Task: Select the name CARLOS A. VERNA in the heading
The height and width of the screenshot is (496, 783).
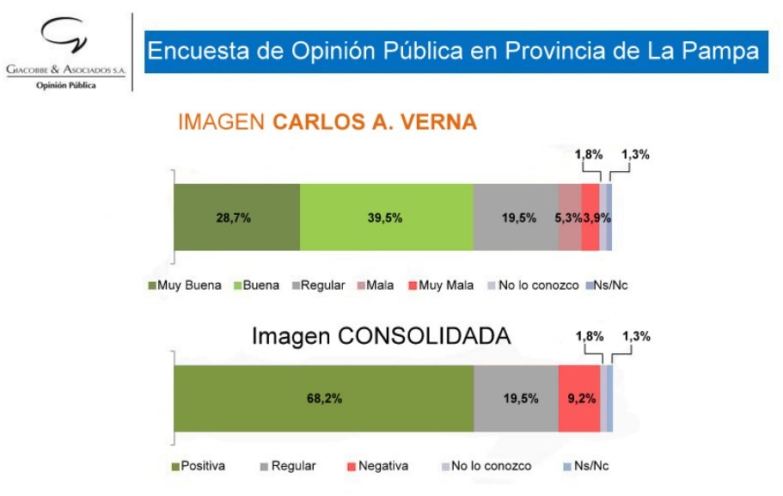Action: (375, 122)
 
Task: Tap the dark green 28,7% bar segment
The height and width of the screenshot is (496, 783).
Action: (236, 217)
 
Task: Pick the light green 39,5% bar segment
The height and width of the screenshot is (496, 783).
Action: (386, 217)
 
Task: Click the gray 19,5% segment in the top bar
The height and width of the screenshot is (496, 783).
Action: (516, 217)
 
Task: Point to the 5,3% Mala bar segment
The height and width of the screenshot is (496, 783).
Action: (569, 217)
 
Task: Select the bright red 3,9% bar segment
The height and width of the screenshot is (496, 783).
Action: (590, 217)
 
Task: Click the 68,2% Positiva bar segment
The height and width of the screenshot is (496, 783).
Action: (323, 398)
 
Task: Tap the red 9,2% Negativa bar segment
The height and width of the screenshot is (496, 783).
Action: (579, 398)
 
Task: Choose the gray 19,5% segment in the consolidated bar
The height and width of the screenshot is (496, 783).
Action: (516, 398)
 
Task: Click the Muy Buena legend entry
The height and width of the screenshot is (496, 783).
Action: (185, 285)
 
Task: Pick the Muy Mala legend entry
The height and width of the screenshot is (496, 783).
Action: (443, 285)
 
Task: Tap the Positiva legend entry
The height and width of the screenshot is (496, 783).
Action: (199, 466)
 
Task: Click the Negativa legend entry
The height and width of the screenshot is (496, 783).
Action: (377, 466)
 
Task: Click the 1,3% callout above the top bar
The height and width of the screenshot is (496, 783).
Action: (635, 156)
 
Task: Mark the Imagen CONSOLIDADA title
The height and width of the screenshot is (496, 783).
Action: (381, 336)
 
